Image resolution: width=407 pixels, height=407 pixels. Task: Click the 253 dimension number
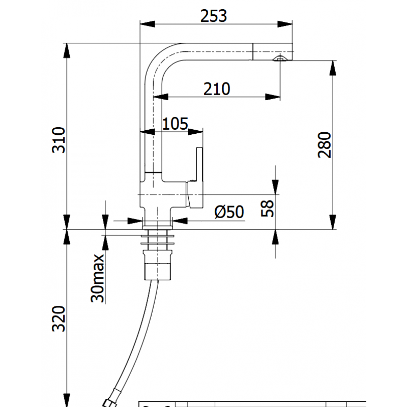214,16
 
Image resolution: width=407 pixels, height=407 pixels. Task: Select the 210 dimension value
217,89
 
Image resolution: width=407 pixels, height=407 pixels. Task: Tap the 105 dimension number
175,124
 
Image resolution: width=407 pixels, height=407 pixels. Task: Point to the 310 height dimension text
59,139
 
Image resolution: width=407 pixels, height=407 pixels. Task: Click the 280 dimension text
325,145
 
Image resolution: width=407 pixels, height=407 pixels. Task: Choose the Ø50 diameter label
229,212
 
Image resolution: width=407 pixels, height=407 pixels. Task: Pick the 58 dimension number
268,209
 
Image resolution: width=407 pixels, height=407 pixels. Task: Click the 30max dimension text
97,278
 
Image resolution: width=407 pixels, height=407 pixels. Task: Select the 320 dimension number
59,319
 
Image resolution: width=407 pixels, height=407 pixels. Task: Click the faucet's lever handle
199,178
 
